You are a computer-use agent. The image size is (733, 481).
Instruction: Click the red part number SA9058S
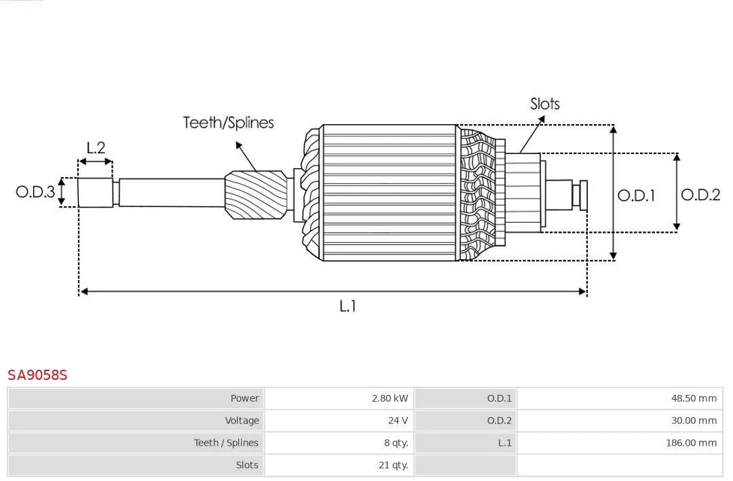point(37,375)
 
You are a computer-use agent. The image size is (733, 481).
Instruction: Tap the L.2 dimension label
point(96,148)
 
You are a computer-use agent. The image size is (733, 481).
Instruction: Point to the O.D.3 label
point(35,191)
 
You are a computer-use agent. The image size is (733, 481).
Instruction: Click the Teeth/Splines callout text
point(228,123)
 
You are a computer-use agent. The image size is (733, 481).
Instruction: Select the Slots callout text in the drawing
point(544,104)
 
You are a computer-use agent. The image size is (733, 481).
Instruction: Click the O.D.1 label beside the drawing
point(636,195)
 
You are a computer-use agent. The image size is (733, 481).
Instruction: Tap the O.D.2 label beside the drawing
point(700,195)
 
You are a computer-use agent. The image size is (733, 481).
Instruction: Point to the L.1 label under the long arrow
point(347,306)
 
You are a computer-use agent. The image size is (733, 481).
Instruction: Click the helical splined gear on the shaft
point(256,195)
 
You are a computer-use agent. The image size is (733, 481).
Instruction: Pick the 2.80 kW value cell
point(390,398)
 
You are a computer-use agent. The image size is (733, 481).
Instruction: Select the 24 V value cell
point(398,421)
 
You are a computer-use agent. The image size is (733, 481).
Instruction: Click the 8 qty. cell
point(396,443)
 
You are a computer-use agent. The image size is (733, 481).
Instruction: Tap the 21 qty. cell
point(393,465)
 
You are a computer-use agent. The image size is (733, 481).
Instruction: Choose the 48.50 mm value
point(694,398)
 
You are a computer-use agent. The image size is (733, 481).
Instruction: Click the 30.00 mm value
point(694,421)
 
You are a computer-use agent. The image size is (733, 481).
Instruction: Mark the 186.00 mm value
point(691,443)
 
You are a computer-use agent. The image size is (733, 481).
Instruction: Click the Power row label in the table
point(244,398)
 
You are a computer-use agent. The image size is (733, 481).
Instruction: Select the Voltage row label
point(242,421)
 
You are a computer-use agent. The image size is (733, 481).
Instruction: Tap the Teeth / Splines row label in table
point(226,443)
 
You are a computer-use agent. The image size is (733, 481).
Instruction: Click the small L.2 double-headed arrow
point(96,161)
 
